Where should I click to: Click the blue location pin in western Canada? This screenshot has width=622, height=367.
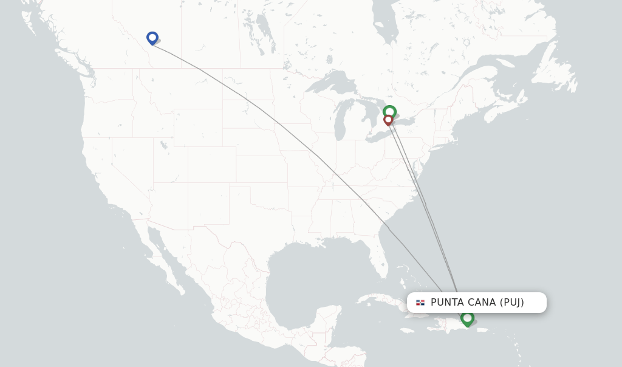(152, 38)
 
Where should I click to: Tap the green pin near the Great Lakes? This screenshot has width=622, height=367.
(389, 112)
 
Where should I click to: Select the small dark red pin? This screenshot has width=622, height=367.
(388, 120)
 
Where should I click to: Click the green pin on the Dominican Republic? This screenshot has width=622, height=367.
(466, 318)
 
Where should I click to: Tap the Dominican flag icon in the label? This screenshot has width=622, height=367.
(420, 303)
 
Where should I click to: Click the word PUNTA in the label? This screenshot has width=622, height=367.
(447, 303)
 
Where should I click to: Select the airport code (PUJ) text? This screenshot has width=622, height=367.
(511, 303)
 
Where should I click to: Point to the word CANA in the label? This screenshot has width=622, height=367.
(481, 303)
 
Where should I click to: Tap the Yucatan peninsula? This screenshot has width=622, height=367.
(331, 319)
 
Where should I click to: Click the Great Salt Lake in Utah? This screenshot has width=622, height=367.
(163, 145)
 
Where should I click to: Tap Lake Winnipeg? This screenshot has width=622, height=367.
(265, 27)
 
